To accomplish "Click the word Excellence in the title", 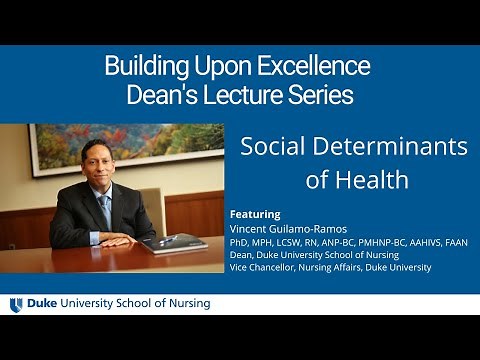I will point(315,67).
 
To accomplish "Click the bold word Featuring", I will point(255,214).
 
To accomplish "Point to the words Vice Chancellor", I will point(264,267).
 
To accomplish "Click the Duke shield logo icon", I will point(16,304).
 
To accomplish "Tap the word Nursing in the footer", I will point(187,304).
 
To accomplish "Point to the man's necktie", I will point(105,210).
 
